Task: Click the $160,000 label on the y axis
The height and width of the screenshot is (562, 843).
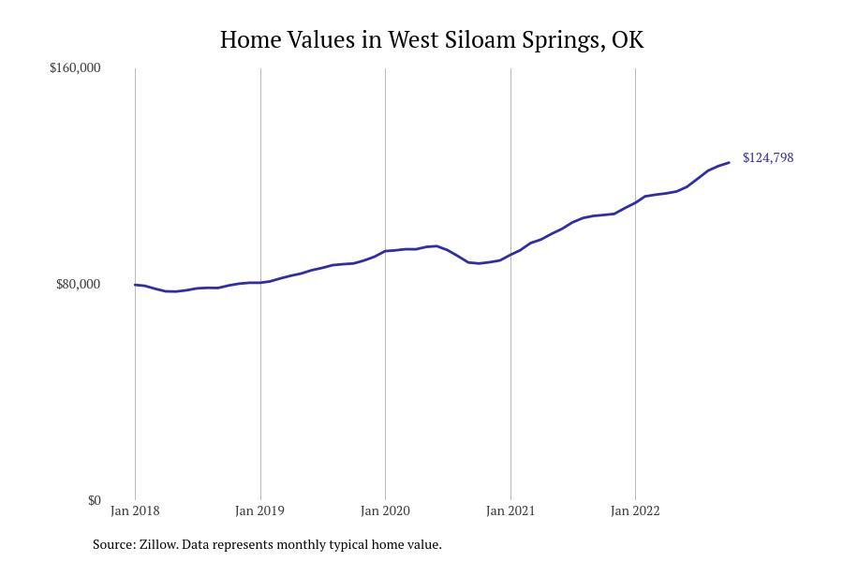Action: pyautogui.click(x=75, y=67)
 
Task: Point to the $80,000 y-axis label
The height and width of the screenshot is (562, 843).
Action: pyautogui.click(x=78, y=284)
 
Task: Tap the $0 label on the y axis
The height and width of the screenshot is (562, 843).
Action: pyautogui.click(x=94, y=500)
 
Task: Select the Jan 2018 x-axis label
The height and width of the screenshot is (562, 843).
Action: pyautogui.click(x=135, y=510)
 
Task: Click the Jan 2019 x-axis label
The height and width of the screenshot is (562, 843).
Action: pyautogui.click(x=260, y=510)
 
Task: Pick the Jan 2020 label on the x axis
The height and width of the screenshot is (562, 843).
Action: pyautogui.click(x=385, y=510)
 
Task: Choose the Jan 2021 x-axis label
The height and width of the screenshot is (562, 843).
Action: pyautogui.click(x=510, y=510)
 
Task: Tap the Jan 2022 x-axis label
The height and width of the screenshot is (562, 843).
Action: pyautogui.click(x=635, y=510)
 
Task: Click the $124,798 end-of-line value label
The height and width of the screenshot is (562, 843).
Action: pyautogui.click(x=767, y=157)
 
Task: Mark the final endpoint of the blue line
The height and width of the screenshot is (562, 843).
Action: pyautogui.click(x=729, y=163)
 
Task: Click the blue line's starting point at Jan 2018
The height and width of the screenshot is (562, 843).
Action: pyautogui.click(x=136, y=285)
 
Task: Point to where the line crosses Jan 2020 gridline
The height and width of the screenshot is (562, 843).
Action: pyautogui.click(x=385, y=251)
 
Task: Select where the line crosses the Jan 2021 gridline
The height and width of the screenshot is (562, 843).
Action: pyautogui.click(x=510, y=254)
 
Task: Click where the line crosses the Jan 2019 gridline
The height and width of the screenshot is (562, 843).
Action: pyautogui.click(x=260, y=282)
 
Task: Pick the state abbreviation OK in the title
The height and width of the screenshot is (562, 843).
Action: pyautogui.click(x=627, y=40)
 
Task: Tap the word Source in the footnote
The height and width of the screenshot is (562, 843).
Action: pyautogui.click(x=112, y=544)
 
